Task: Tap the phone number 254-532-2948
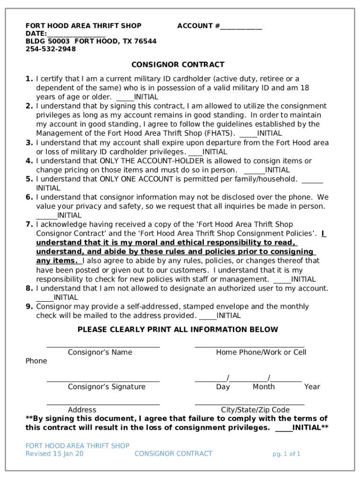pos(50,49)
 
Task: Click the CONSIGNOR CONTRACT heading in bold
pos(178,65)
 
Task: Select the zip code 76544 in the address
pos(145,41)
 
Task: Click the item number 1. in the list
pos(29,79)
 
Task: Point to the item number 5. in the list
pos(29,179)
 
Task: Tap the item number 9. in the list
pos(29,306)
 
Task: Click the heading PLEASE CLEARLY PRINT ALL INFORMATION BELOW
pos(178,329)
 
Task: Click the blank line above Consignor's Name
pos(103,347)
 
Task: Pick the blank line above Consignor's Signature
pos(103,381)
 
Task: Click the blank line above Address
pos(103,404)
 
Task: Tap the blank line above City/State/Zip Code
pos(249,404)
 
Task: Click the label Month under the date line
pos(264,387)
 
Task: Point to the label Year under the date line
pos(312,387)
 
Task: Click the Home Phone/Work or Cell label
pos(261,352)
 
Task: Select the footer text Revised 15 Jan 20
pos(55,454)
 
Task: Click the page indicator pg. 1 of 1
pos(287,454)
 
